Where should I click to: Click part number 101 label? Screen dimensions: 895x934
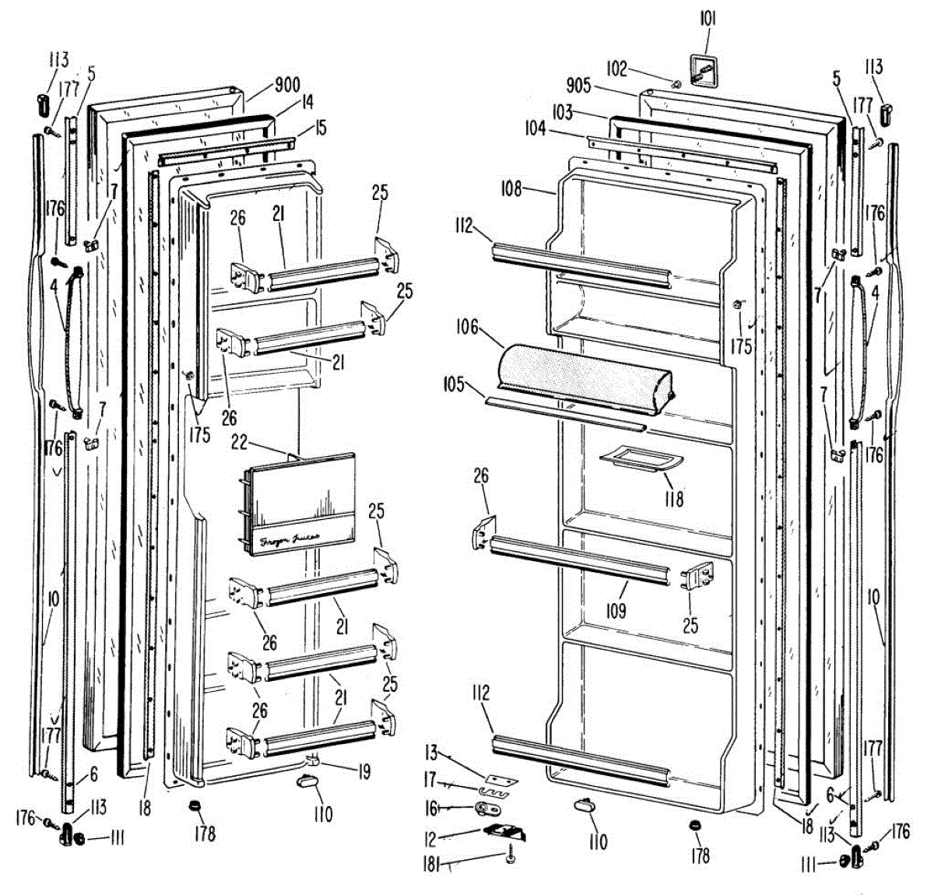(707, 18)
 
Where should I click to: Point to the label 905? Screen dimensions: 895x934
(578, 85)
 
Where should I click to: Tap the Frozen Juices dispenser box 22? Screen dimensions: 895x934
(298, 505)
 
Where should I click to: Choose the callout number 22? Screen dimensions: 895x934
(239, 441)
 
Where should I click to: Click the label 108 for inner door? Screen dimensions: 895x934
(511, 189)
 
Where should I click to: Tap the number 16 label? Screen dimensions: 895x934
(430, 809)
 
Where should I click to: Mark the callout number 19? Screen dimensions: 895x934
(363, 772)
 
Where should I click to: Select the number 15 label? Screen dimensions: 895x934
(320, 127)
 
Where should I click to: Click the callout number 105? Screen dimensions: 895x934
(454, 384)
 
